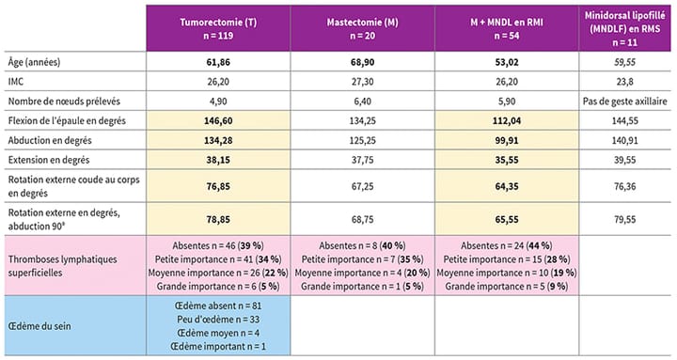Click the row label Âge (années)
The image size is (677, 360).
(x=39, y=61)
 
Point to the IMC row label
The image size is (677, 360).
(x=17, y=81)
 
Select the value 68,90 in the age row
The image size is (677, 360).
(x=364, y=61)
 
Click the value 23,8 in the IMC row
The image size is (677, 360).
(x=625, y=81)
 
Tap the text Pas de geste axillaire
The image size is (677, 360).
(x=625, y=102)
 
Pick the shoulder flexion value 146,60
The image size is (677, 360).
(x=219, y=122)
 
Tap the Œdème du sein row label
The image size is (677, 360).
(x=44, y=325)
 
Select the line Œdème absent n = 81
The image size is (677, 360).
(x=219, y=305)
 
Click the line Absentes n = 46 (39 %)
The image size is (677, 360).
(x=219, y=244)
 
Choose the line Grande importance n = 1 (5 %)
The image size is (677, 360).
(x=364, y=284)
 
